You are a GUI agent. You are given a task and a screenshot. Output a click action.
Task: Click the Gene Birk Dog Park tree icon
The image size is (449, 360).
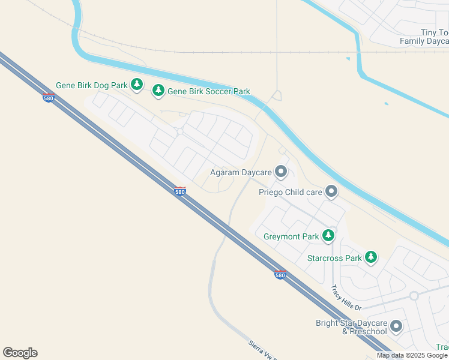tap(137, 85)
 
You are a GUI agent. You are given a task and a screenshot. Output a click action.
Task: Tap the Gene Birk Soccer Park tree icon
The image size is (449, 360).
tap(158, 91)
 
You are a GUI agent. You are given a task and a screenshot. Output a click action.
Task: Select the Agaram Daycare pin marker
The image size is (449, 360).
tap(281, 172)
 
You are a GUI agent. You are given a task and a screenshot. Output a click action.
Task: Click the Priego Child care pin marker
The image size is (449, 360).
tap(331, 192)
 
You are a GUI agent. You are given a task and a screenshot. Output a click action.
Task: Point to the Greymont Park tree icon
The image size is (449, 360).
tap(328, 236)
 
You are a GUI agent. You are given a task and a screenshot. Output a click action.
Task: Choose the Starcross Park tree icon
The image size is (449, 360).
tap(371, 258)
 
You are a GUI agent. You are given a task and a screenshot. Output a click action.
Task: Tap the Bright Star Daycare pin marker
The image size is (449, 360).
tap(396, 326)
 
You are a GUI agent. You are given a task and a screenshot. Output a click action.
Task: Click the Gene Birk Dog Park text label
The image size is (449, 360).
tap(92, 85)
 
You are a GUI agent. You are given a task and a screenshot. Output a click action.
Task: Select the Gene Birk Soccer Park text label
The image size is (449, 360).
tap(208, 91)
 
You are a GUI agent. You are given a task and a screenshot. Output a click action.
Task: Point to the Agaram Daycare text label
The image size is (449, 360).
tap(240, 173)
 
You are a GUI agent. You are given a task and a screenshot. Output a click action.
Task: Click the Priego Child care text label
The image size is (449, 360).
tap(290, 193)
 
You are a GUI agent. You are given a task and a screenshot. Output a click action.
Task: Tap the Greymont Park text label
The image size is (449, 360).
tap(291, 236)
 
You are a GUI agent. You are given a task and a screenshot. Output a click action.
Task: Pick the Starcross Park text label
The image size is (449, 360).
tap(334, 259)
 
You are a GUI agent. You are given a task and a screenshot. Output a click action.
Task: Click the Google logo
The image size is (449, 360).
tap(20, 353)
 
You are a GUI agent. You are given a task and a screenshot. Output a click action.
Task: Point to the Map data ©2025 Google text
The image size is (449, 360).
tap(412, 355)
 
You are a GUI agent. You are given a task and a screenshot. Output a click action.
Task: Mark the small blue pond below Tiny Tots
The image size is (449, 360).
tap(348, 59)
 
